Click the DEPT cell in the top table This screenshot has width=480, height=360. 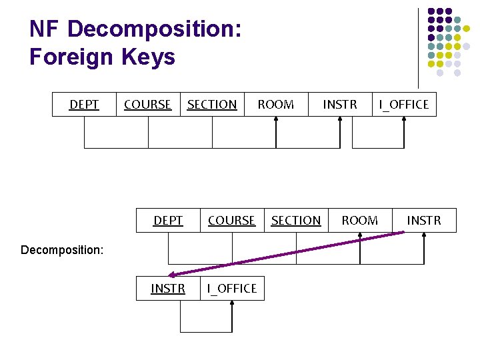click(84, 105)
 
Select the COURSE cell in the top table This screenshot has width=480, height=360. click(148, 105)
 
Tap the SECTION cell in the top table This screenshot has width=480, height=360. click(212, 105)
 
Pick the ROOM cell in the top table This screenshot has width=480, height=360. click(276, 105)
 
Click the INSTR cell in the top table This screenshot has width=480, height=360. click(340, 105)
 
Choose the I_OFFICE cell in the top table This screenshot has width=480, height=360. click(404, 105)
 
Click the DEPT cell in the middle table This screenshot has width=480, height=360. click(168, 221)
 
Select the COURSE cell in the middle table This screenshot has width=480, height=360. click(232, 221)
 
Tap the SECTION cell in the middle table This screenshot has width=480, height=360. click(296, 221)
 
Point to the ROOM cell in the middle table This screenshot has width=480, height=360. click(360, 221)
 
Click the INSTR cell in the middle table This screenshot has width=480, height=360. click(424, 221)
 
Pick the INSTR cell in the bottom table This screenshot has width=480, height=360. click(168, 289)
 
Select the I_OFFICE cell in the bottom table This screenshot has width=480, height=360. click(232, 289)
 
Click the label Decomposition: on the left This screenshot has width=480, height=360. click(62, 250)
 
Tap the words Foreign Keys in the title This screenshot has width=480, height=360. click(102, 57)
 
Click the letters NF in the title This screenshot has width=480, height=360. click(45, 29)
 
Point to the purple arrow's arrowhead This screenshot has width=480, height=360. click(173, 274)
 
